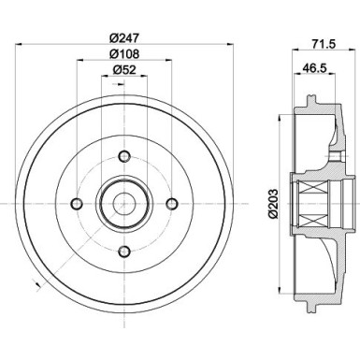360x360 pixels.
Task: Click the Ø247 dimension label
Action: [x=123, y=38]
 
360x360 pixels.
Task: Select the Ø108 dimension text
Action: [x=123, y=55]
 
